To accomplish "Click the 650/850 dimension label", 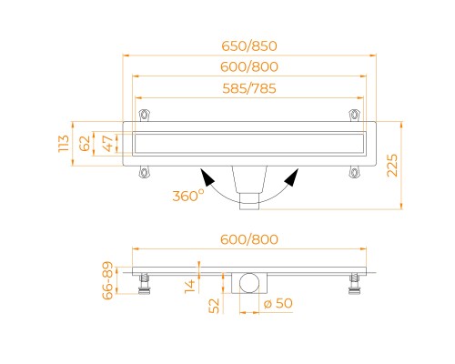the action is tap(249, 46).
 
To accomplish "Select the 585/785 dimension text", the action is tap(249, 88).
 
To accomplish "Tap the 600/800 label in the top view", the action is tap(249, 67).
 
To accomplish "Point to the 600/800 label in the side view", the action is tap(249, 239).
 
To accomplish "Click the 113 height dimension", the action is tap(64, 144).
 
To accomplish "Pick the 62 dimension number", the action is tap(85, 143).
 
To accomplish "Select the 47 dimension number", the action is tap(108, 144).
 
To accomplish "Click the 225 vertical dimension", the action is tap(392, 166).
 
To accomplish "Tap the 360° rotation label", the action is tap(188, 196).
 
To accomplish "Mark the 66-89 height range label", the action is tap(107, 280).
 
